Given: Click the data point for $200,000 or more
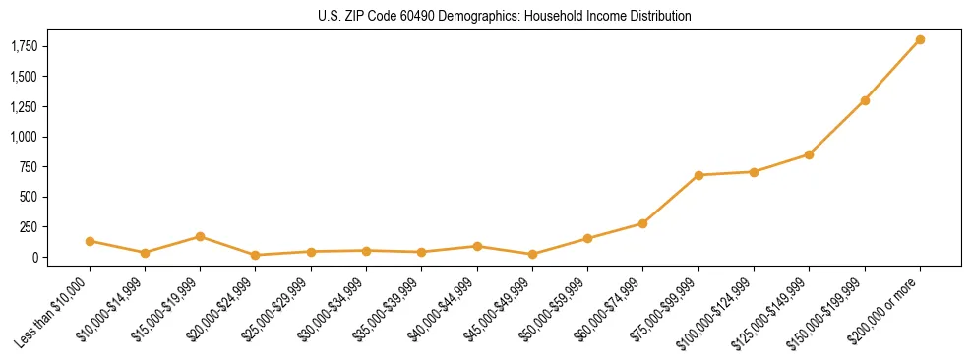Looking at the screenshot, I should [x=920, y=40].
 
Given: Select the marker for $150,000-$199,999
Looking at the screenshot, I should [x=865, y=100].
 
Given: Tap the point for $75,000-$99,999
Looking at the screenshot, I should [x=698, y=175].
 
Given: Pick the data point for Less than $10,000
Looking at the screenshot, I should [x=90, y=241].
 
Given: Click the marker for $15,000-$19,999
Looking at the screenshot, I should [x=200, y=236].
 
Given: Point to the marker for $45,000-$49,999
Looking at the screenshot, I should [x=532, y=254].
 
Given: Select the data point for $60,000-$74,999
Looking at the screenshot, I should [x=642, y=223].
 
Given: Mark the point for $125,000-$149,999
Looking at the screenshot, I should [x=809, y=154].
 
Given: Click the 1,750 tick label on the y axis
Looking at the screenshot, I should [x=25, y=46].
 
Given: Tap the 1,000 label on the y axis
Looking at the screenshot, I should [x=25, y=137].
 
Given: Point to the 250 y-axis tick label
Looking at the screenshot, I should [x=30, y=227].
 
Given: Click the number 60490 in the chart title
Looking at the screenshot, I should [x=416, y=16].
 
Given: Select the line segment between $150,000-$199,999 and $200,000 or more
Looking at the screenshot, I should [x=892, y=71].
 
